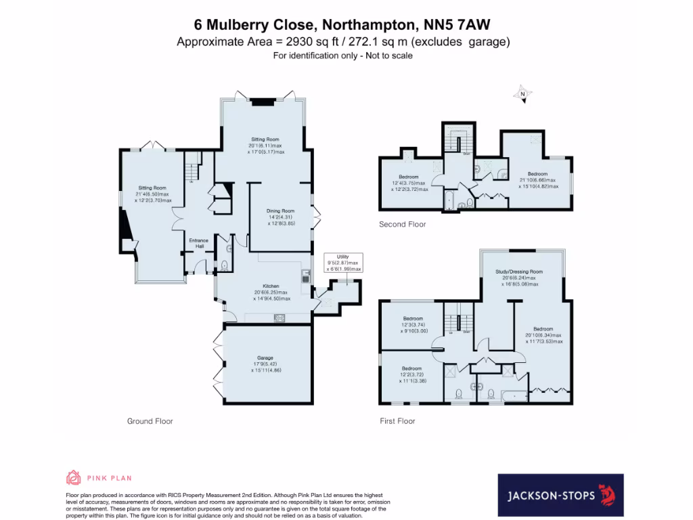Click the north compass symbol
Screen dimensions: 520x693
click(522, 95)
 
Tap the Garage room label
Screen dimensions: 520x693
click(265, 357)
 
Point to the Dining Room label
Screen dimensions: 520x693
click(281, 211)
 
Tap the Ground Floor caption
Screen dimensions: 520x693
click(150, 421)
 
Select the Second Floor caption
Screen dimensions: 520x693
click(403, 224)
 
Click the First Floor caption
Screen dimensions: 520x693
click(397, 421)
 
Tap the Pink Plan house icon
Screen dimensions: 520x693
click(73, 478)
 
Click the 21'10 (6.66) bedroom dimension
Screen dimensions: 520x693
click(537, 180)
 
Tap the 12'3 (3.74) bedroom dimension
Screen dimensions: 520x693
click(413, 324)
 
